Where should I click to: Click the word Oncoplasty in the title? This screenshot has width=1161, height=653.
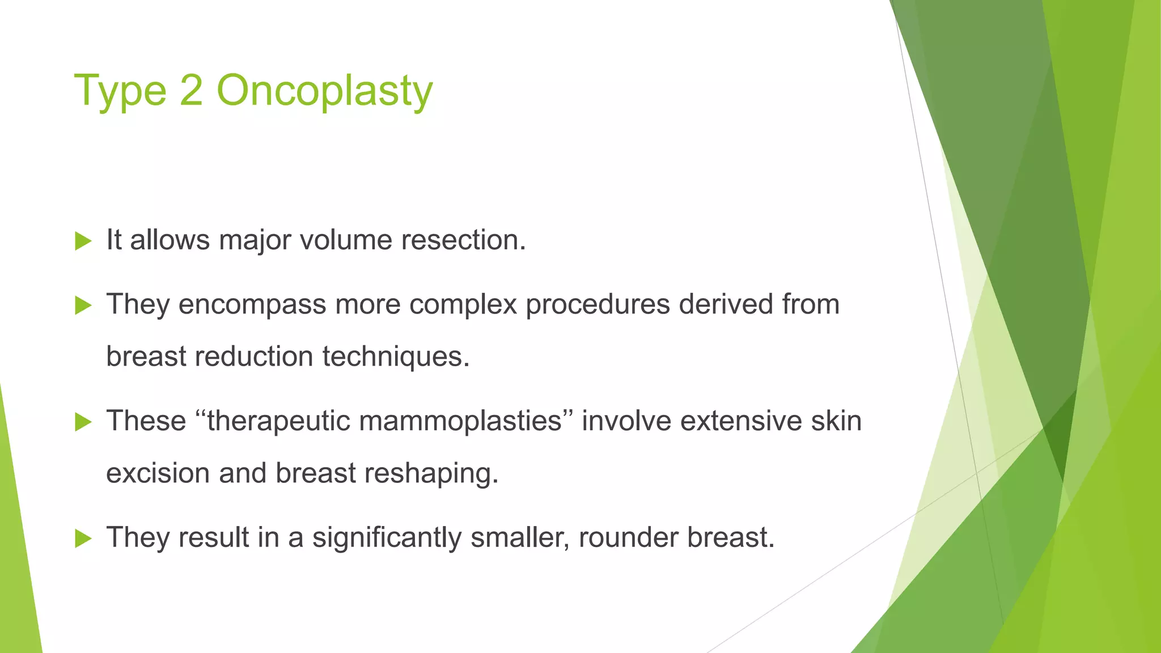click(324, 91)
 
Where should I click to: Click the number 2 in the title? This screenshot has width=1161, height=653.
click(192, 91)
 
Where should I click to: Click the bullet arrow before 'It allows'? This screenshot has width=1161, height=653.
click(83, 241)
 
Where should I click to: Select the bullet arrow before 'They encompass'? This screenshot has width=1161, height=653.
click(83, 306)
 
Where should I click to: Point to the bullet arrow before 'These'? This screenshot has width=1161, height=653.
click(83, 422)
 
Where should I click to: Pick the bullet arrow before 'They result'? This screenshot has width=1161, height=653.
click(83, 538)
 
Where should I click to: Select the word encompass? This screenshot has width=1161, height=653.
click(252, 305)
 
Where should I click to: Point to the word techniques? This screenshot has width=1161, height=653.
click(396, 357)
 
